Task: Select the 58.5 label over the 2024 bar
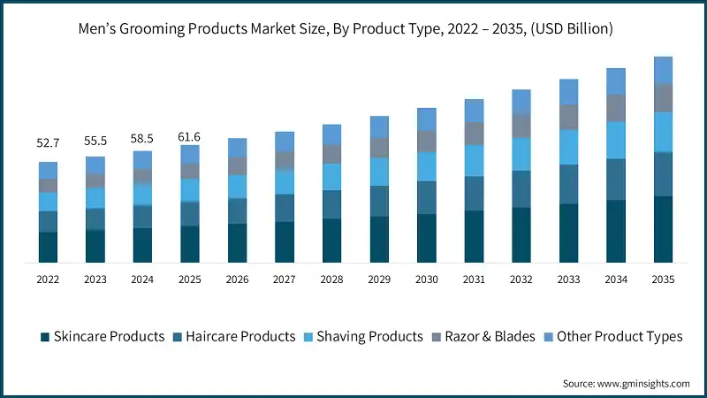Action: pos(142,139)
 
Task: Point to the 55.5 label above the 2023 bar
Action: pos(95,141)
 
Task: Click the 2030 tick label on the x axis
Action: pos(427,279)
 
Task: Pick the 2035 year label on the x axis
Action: pos(663,279)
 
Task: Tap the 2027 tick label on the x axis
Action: pos(285,279)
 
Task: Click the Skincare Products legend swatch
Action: pos(44,337)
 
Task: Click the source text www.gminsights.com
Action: pos(642,383)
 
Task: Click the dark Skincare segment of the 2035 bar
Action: pos(663,229)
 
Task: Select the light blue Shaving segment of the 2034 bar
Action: pos(616,140)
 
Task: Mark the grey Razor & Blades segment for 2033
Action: pos(568,117)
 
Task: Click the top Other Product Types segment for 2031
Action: pos(474,110)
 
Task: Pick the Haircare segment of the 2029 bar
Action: pos(379,201)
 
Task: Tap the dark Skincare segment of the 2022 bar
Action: pos(48,247)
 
